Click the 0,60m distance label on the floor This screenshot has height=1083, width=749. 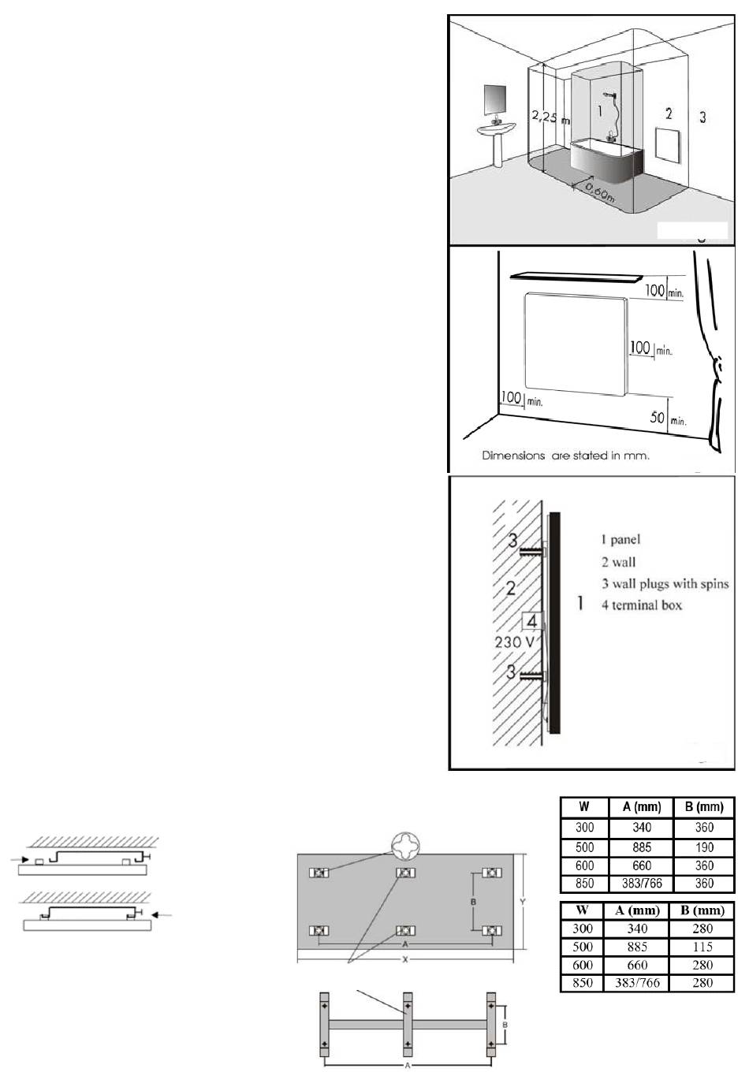pos(596,190)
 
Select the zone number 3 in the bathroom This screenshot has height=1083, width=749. pos(702,117)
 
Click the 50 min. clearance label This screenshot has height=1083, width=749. pos(667,418)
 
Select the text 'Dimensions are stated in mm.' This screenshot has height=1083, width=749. pos(565,456)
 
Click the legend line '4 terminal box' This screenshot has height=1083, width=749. pos(641,605)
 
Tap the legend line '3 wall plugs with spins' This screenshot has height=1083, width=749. pos(665,583)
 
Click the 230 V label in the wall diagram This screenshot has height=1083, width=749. pos(515,642)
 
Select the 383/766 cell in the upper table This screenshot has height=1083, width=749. pos(641,884)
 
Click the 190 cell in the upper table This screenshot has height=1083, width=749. pos(704,847)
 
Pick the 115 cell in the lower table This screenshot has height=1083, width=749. pos(702,947)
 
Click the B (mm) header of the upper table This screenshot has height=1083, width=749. pos(704,806)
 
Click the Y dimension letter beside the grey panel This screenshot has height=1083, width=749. pos(523,902)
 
